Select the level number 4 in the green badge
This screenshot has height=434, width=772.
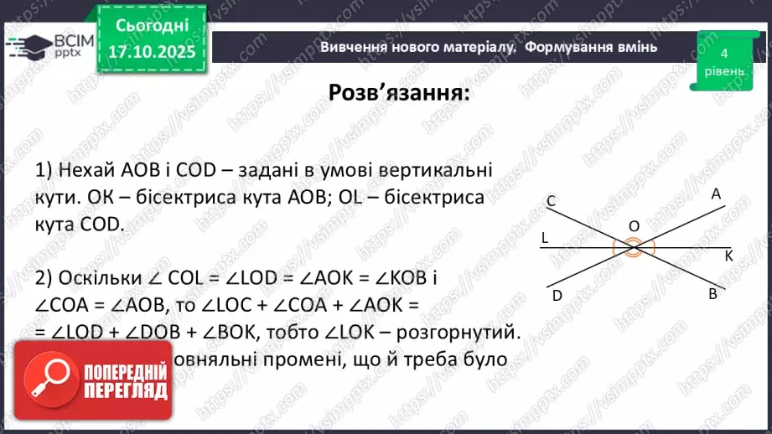(723, 54)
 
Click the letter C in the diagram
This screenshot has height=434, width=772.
(551, 201)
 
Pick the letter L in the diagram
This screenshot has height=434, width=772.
(544, 237)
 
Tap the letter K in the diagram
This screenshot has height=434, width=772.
(728, 256)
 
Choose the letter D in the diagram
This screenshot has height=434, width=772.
(557, 294)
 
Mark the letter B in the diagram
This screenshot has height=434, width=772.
(712, 294)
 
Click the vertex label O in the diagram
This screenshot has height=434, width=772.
(634, 226)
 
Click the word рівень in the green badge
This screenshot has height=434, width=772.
(723, 71)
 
